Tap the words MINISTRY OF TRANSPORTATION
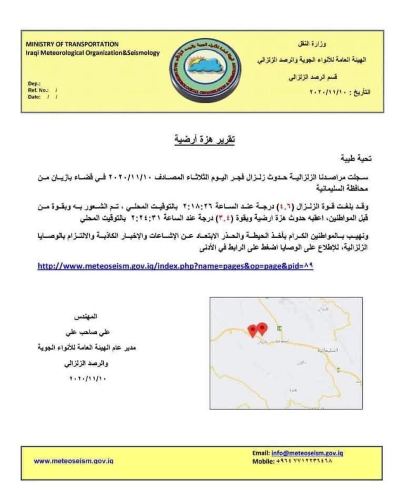click(72, 44)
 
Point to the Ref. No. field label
click(38, 90)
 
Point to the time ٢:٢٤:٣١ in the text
click(145, 219)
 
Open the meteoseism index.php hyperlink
click(175, 267)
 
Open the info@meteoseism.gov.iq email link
click(307, 453)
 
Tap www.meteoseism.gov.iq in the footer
click(73, 461)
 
